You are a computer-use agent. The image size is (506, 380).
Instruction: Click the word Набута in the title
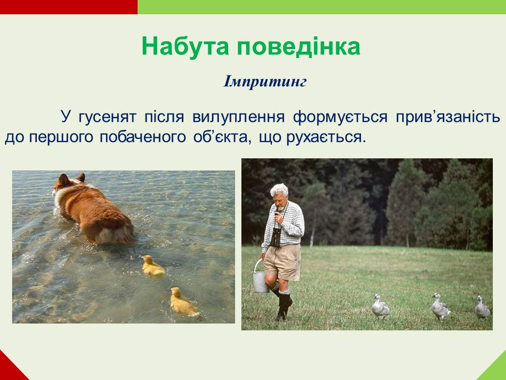tap(185, 46)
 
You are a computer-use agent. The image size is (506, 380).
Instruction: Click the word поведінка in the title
tap(298, 47)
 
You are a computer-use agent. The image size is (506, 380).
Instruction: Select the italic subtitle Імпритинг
tap(265, 82)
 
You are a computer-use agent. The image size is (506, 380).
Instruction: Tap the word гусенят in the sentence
tap(107, 117)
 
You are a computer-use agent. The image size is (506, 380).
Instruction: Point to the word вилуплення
tap(238, 117)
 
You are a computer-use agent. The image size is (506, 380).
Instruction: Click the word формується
tap(340, 117)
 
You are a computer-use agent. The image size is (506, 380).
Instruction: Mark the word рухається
tap(326, 137)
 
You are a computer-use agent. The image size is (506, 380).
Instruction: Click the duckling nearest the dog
tap(152, 265)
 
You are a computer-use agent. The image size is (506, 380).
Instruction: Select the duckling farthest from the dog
tap(183, 302)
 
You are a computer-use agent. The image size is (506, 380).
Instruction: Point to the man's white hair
tap(279, 189)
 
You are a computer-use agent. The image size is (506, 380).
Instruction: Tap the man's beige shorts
tap(283, 262)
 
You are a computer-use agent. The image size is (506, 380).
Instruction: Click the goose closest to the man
tap(380, 306)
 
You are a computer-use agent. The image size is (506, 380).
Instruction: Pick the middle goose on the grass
tap(440, 307)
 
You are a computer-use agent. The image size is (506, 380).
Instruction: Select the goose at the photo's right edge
tap(482, 307)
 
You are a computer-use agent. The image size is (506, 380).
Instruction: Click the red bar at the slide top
tap(69, 7)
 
